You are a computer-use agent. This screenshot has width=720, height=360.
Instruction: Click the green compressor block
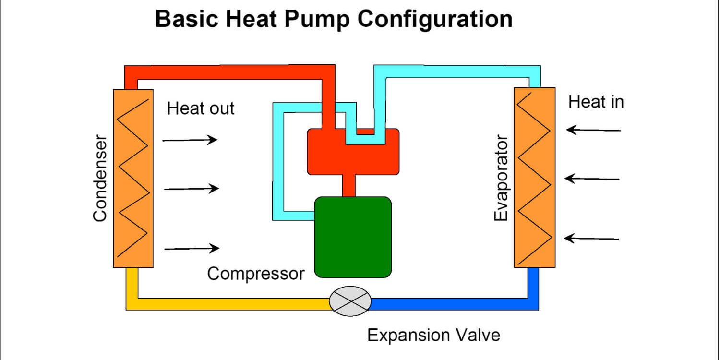coord(353,237)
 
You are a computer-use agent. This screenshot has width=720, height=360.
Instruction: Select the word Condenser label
coord(100,178)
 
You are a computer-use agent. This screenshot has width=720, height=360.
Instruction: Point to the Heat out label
coord(201,108)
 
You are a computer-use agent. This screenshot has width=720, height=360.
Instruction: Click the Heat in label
coord(596,102)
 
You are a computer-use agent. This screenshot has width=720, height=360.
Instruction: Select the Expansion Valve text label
coord(433,335)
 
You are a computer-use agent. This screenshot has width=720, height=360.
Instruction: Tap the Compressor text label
coord(255,274)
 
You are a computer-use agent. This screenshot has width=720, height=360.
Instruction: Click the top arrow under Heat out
coord(190,140)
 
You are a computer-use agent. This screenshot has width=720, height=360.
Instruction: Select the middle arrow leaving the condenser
coord(191,189)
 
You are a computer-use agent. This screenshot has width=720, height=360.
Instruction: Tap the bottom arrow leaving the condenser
coord(192,248)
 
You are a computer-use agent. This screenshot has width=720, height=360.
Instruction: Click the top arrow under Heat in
coord(593,130)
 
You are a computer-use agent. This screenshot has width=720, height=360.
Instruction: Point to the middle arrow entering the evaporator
coord(592,179)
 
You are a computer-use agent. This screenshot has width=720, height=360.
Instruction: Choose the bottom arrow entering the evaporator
coord(591,238)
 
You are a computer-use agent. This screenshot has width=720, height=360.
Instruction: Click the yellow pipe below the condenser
coord(226,304)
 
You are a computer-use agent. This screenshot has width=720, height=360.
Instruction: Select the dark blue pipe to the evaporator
coord(456,304)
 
